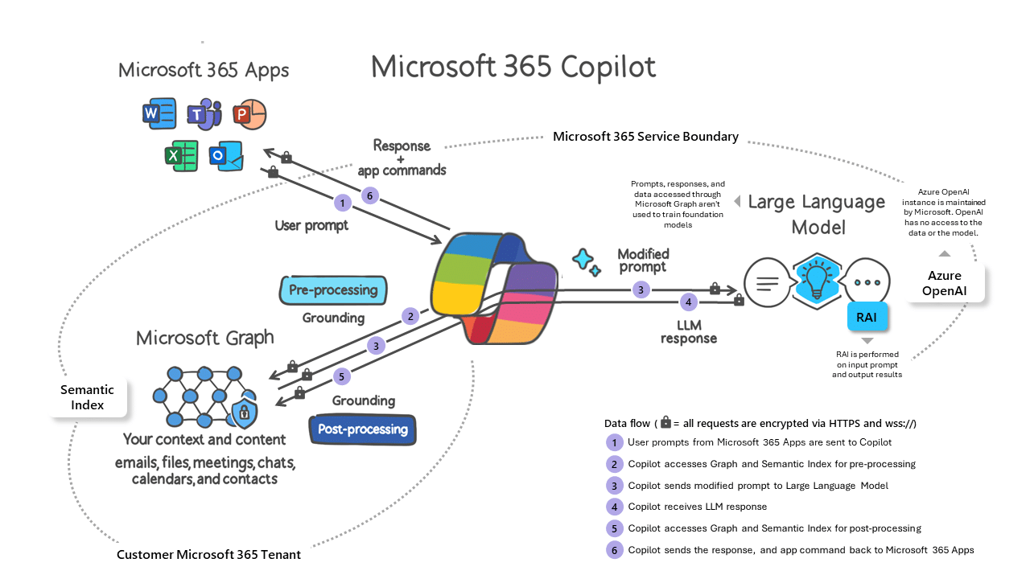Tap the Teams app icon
click(x=204, y=116)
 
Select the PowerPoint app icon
click(x=249, y=115)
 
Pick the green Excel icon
click(x=181, y=154)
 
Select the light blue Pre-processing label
click(x=333, y=290)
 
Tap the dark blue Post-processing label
click(x=363, y=429)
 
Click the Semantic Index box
click(x=88, y=397)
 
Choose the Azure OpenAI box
click(x=945, y=282)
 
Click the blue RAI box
click(x=867, y=317)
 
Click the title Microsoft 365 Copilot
click(x=513, y=67)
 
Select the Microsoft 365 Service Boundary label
click(x=645, y=137)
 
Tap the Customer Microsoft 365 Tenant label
click(x=209, y=555)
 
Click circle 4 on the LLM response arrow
click(x=688, y=302)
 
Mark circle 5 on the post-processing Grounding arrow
click(x=341, y=376)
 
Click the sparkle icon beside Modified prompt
click(x=586, y=262)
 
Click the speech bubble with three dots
click(x=867, y=282)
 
